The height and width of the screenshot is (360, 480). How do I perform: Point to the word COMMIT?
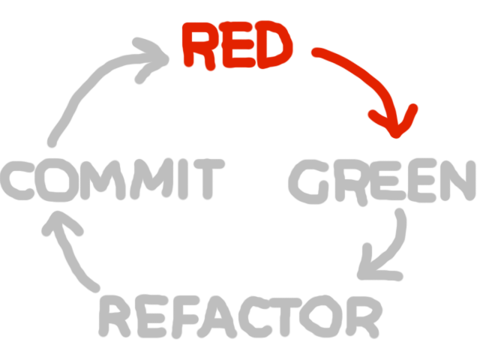point(112,181)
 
